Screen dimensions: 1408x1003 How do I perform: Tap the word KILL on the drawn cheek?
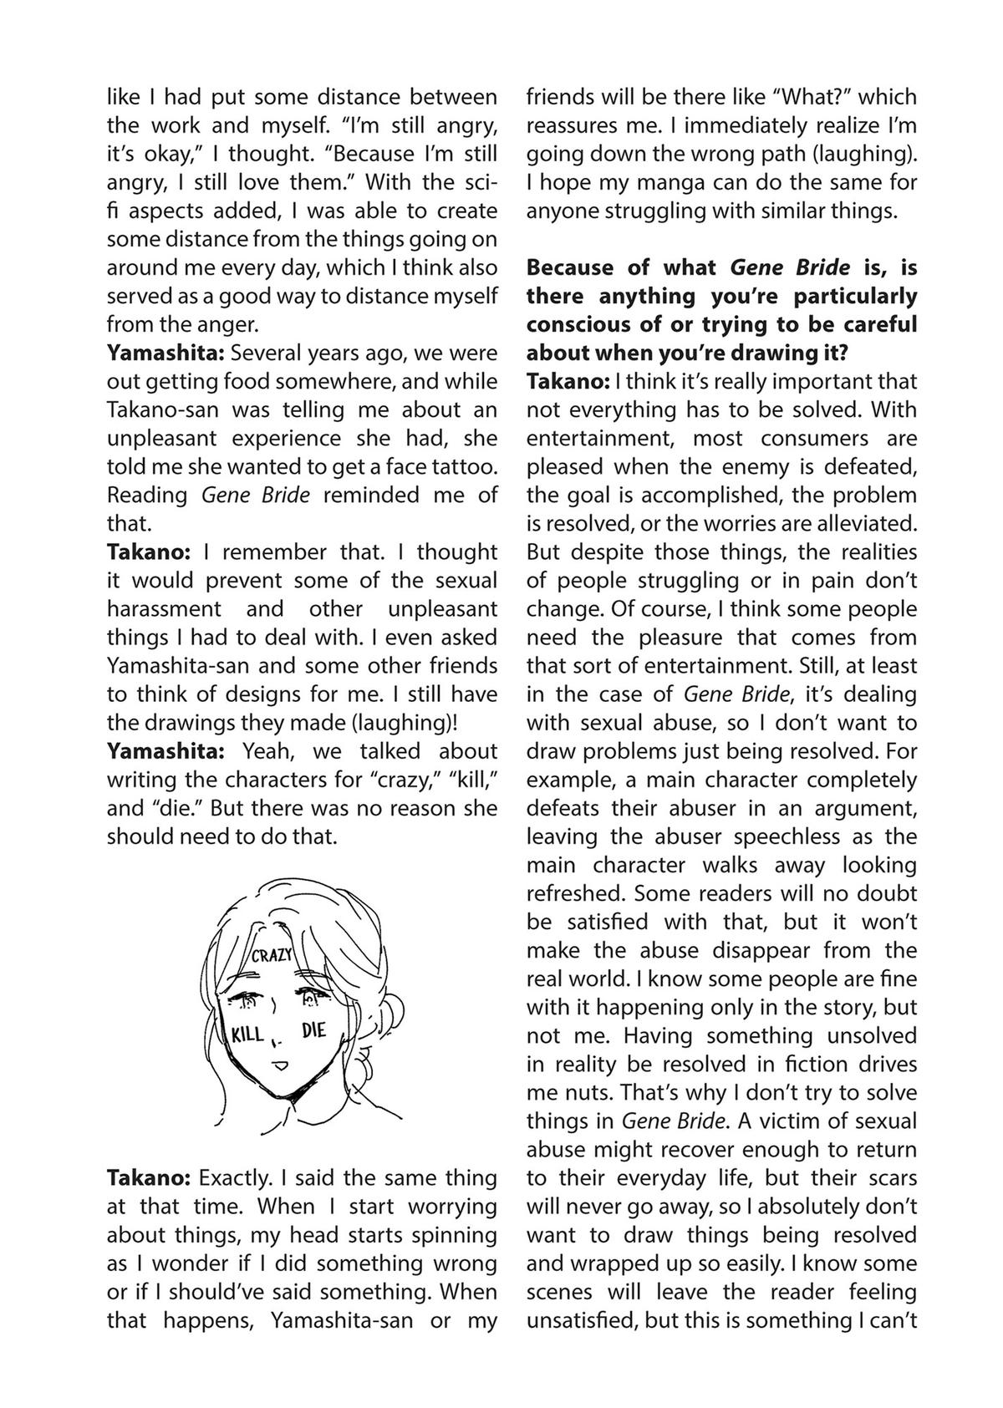point(247,1035)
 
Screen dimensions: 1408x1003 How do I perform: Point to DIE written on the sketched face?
point(313,1030)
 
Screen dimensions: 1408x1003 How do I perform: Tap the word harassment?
point(164,608)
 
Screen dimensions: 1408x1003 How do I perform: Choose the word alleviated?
point(868,524)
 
